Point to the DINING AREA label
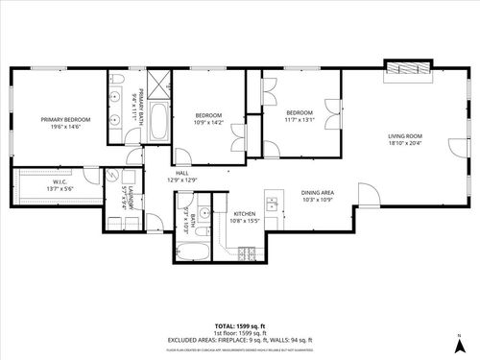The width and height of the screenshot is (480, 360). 318,191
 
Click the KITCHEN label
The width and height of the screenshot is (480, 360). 245,213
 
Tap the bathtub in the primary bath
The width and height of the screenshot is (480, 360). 159,123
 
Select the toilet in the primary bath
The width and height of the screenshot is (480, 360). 116,79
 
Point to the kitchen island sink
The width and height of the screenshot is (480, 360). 272,204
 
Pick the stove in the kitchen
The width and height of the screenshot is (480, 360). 247,255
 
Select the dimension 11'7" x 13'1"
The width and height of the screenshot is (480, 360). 300,120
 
